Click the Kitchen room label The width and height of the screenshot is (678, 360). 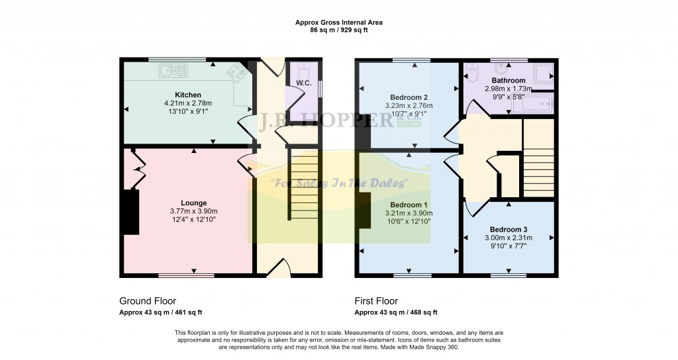point(187,95)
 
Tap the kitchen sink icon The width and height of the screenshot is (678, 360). point(174,68)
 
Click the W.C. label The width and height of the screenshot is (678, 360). point(303,83)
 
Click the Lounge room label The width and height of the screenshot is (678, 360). point(194,202)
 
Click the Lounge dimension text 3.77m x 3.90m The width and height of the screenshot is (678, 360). point(194,211)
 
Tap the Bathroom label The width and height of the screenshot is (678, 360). point(508,81)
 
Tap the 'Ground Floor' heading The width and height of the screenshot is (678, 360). point(148,300)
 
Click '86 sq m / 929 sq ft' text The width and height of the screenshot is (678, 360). point(338,30)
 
